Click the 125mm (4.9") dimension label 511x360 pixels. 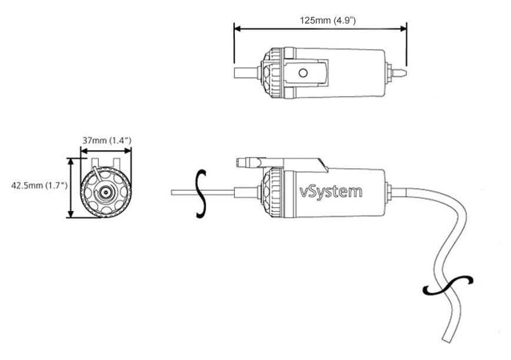pos(328,20)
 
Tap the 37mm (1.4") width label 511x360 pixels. pos(106,140)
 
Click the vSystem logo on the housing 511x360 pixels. pos(331,191)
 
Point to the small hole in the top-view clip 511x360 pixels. pos(303,72)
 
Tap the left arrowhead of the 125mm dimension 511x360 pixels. pos(237,28)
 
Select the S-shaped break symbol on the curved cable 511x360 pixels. pos(448,286)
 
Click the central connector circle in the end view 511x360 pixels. pos(106,192)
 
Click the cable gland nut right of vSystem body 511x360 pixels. pos(389,191)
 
